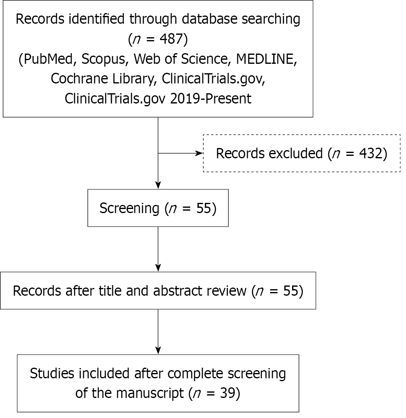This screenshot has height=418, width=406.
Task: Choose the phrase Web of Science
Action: [182, 59]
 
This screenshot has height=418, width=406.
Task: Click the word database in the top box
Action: [210, 20]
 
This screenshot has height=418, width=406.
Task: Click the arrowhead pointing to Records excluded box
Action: [200, 153]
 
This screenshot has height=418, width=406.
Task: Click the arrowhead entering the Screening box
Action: [158, 186]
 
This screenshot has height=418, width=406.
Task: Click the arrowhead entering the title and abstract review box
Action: [158, 268]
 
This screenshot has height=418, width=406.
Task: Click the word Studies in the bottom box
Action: [52, 373]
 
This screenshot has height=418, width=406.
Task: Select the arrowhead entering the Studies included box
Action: [158, 351]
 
